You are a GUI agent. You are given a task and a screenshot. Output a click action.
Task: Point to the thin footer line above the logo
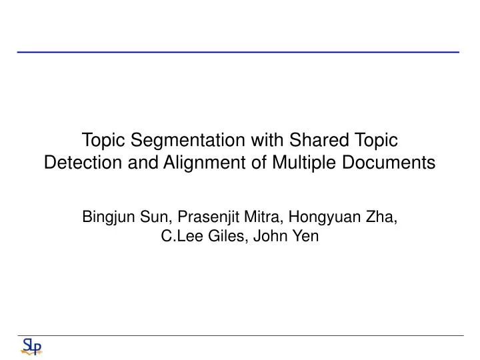[x=240, y=335]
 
